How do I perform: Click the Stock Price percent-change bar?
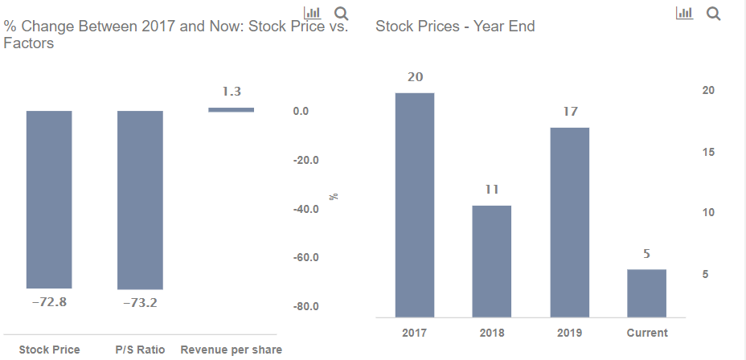click(49, 199)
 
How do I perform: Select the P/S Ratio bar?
click(141, 200)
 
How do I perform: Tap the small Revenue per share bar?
click(232, 110)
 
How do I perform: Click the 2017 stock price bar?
click(415, 205)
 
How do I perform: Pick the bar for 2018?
click(491, 261)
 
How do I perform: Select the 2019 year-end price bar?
click(569, 222)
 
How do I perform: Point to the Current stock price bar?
click(646, 293)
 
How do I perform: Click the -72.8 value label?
click(50, 302)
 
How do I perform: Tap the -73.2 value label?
click(141, 303)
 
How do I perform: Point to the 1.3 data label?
click(232, 92)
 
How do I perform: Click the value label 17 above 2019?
click(570, 111)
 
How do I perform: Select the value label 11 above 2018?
click(492, 190)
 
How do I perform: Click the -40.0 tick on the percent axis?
click(305, 209)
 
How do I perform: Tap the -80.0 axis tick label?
click(305, 306)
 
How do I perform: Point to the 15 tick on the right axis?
click(708, 152)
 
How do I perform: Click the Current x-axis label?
click(647, 333)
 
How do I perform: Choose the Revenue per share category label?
click(232, 350)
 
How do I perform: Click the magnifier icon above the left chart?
click(341, 14)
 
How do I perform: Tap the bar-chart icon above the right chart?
click(684, 14)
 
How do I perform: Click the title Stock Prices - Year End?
click(455, 26)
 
